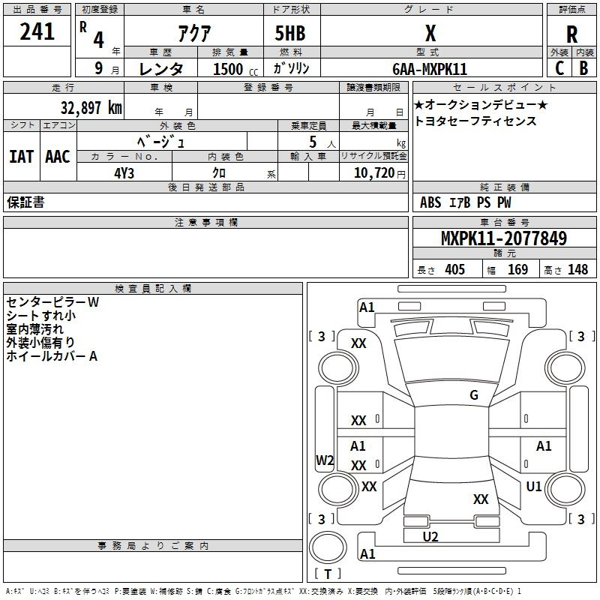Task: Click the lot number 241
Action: click(37, 31)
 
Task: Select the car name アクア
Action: click(193, 32)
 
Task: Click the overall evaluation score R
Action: click(571, 34)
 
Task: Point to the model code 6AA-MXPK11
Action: click(430, 69)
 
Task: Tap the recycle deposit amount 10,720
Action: click(373, 172)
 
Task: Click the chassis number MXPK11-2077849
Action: click(503, 239)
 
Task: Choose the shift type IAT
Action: click(20, 156)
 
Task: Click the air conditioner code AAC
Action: click(58, 156)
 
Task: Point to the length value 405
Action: click(454, 269)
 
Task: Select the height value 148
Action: click(577, 269)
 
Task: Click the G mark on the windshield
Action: click(473, 395)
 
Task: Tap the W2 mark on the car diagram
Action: click(325, 460)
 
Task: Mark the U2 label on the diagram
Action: click(430, 536)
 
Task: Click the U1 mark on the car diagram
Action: click(533, 487)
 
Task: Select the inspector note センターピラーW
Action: click(52, 302)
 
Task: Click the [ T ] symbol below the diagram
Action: click(328, 574)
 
